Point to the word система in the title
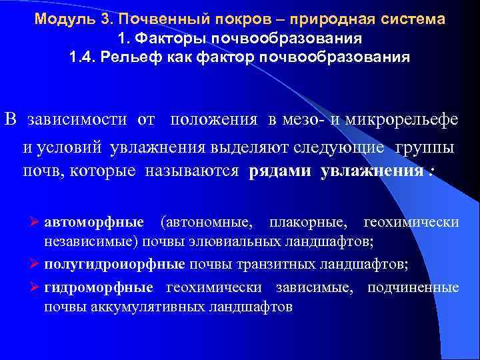pyautogui.click(x=411, y=19)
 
